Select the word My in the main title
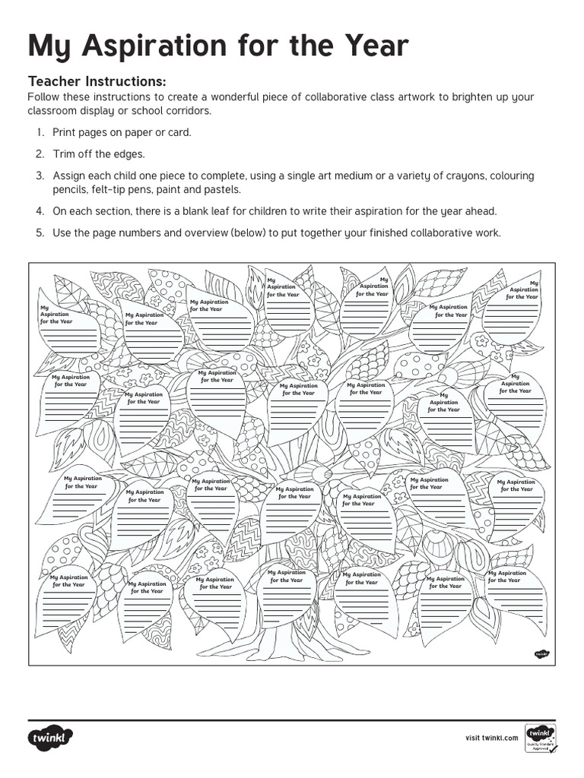click(50, 47)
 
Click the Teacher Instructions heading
click(97, 81)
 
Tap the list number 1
click(39, 132)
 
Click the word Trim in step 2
click(64, 154)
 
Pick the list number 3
click(39, 176)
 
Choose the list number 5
click(39, 233)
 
